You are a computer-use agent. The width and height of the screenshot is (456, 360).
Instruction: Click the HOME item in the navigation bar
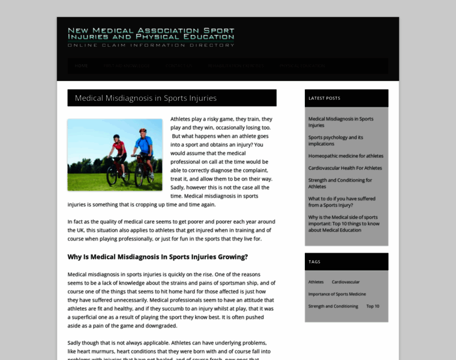[x=81, y=65]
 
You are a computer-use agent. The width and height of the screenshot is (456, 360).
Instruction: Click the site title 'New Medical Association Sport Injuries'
[x=151, y=33]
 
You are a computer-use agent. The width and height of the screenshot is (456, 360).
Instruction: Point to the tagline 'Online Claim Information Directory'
[x=151, y=45]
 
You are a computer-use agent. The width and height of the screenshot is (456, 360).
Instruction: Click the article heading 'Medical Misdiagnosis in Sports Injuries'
[x=146, y=98]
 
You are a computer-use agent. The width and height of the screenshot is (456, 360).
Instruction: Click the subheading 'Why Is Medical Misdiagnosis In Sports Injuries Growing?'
[x=157, y=257]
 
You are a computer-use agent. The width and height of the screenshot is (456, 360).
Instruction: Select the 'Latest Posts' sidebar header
[x=324, y=98]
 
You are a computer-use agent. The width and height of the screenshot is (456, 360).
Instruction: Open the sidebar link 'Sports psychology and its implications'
[x=335, y=140]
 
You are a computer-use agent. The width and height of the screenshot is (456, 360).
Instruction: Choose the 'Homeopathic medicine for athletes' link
[x=346, y=156]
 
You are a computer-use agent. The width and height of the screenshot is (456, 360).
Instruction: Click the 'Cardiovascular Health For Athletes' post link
[x=345, y=168]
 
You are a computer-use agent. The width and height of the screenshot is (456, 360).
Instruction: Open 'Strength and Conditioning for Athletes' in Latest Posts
[x=340, y=183]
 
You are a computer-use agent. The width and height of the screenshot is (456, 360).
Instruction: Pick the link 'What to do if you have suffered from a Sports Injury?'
[x=341, y=202]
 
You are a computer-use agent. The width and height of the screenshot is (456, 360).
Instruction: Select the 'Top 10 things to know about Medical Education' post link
[x=343, y=223]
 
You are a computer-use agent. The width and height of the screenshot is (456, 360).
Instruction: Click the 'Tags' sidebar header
[x=314, y=262]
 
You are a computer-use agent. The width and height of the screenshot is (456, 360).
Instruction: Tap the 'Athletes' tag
[x=316, y=282]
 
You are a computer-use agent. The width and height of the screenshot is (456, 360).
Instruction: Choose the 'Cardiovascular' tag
[x=346, y=282]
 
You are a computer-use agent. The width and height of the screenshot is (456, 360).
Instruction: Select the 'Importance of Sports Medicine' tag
[x=337, y=294]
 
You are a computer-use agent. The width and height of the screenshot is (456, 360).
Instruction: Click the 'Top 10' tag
[x=373, y=306]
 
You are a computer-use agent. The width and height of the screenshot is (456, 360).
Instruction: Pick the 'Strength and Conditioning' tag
[x=333, y=306]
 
